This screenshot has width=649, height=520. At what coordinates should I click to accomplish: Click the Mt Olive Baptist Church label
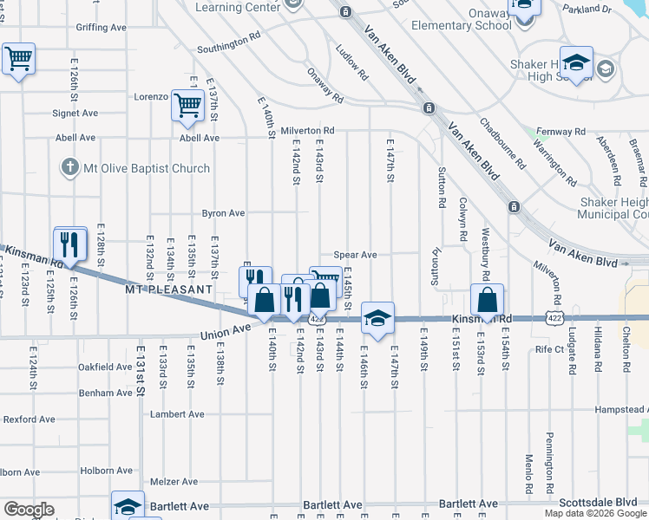(147, 168)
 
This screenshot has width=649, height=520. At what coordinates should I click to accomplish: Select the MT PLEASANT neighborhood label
(168, 289)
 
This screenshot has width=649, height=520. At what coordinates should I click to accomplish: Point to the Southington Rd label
(229, 42)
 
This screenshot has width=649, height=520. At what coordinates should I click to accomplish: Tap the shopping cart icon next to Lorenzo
(187, 106)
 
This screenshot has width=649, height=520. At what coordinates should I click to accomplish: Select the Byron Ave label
(224, 212)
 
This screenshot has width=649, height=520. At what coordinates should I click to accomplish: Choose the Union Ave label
(225, 331)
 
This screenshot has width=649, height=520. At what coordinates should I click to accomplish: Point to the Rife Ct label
(550, 350)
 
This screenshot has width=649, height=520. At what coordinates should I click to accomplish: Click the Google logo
(29, 510)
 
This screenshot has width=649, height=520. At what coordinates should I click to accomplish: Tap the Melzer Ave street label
(174, 481)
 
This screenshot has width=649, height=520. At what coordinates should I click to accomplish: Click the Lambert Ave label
(177, 414)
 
